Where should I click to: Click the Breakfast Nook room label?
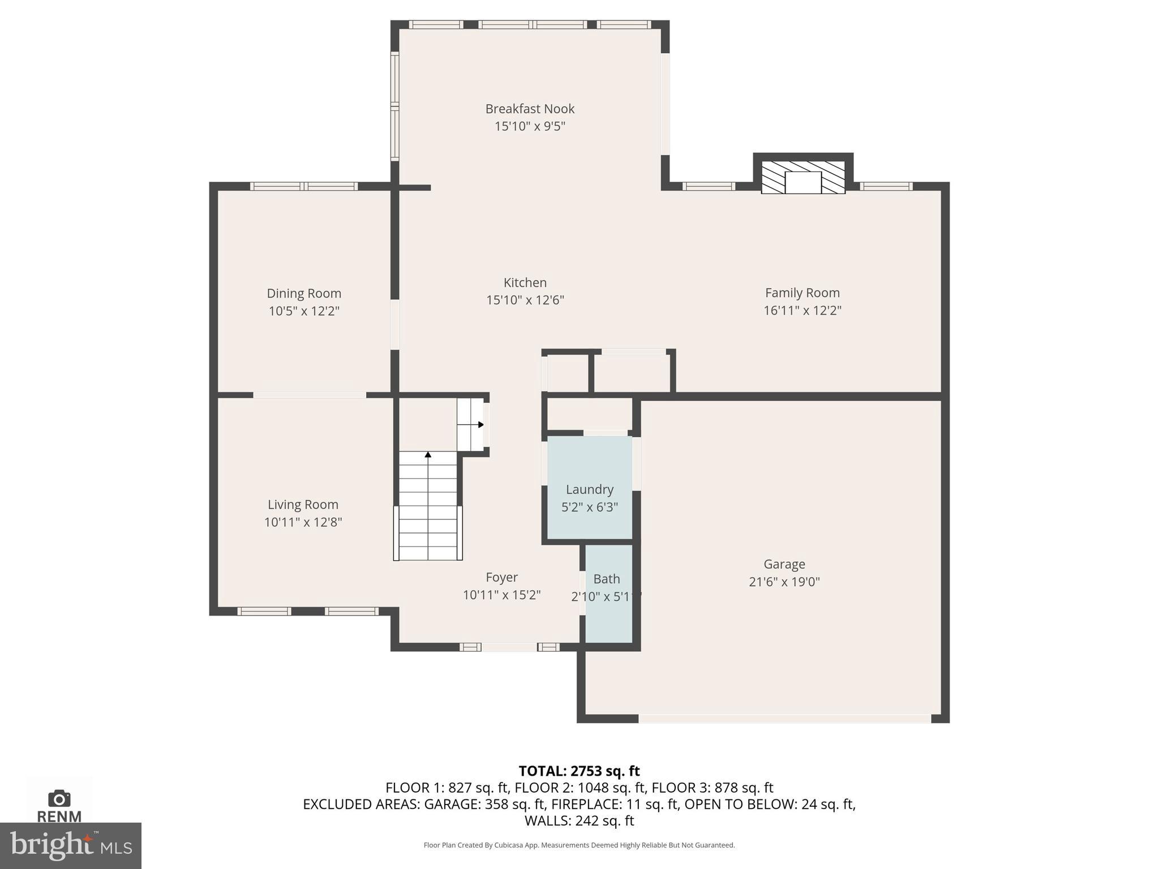(530, 109)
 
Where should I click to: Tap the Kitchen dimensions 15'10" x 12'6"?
(525, 300)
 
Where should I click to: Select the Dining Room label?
(304, 293)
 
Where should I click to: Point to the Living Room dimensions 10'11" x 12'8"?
(303, 522)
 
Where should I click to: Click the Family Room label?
(802, 292)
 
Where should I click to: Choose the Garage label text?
(784, 564)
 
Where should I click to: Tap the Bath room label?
(607, 579)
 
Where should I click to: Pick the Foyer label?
(501, 577)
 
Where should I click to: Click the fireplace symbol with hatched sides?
(802, 178)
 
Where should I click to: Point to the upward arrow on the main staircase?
(428, 454)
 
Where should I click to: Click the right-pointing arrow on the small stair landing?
(480, 424)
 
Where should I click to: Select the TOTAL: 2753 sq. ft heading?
(579, 771)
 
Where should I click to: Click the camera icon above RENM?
(59, 798)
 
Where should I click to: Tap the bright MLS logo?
(71, 845)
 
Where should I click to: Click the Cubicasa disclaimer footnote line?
(579, 845)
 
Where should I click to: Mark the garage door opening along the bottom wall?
(784, 718)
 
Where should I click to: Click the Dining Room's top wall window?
(304, 186)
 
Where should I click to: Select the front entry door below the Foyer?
(509, 647)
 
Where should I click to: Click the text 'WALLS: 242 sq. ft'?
(579, 820)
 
